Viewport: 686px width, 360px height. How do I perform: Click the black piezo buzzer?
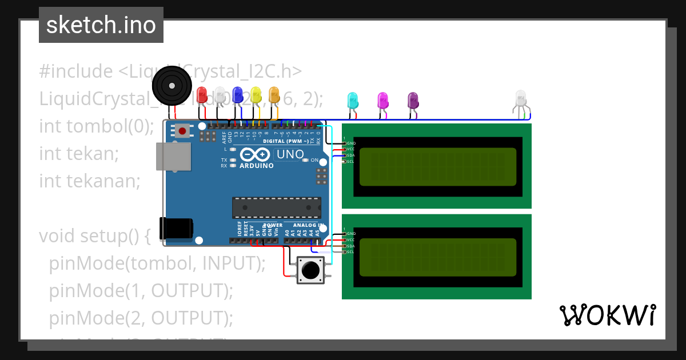point(171,85)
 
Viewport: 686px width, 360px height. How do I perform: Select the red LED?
point(202,95)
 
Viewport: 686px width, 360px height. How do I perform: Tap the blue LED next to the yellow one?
point(238,95)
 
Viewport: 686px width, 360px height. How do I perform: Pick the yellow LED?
point(256,95)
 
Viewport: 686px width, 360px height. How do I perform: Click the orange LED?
point(274,95)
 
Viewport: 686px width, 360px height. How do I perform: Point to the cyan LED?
point(353,101)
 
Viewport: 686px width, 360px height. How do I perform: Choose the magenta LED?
point(383,101)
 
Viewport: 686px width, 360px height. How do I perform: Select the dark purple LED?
point(413,101)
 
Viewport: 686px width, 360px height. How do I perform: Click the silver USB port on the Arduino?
point(174,156)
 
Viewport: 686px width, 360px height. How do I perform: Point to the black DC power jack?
point(176,228)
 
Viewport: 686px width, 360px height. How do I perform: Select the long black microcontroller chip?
point(276,207)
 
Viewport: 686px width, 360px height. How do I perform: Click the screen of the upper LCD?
point(437,166)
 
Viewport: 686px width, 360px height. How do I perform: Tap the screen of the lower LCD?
point(437,257)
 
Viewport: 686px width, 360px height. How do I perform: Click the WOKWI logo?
point(607,315)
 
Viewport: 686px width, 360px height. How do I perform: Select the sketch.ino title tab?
point(101,25)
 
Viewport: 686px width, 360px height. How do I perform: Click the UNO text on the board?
point(290,154)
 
